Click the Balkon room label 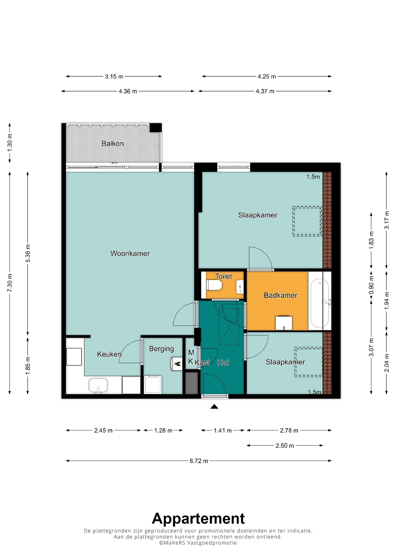pyautogui.click(x=112, y=144)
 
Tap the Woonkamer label pyautogui.click(x=130, y=253)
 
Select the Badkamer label pyautogui.click(x=280, y=295)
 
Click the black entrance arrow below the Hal pyautogui.click(x=214, y=407)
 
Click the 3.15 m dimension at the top pyautogui.click(x=114, y=77)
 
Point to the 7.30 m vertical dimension pyautogui.click(x=10, y=283)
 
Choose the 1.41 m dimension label pyautogui.click(x=223, y=430)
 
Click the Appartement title pyautogui.click(x=198, y=518)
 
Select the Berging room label pyautogui.click(x=161, y=349)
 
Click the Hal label pyautogui.click(x=223, y=363)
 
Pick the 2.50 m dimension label pyautogui.click(x=285, y=446)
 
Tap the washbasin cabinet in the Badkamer pyautogui.click(x=284, y=323)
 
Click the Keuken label pyautogui.click(x=109, y=354)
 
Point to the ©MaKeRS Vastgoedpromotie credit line pyautogui.click(x=198, y=543)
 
